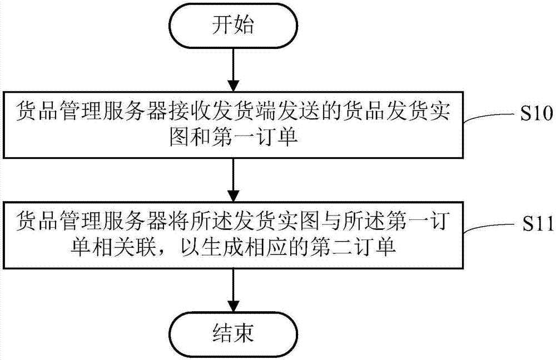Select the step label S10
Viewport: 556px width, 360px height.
click(536, 114)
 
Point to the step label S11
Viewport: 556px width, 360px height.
click(536, 224)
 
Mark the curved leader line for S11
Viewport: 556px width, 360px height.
click(489, 226)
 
